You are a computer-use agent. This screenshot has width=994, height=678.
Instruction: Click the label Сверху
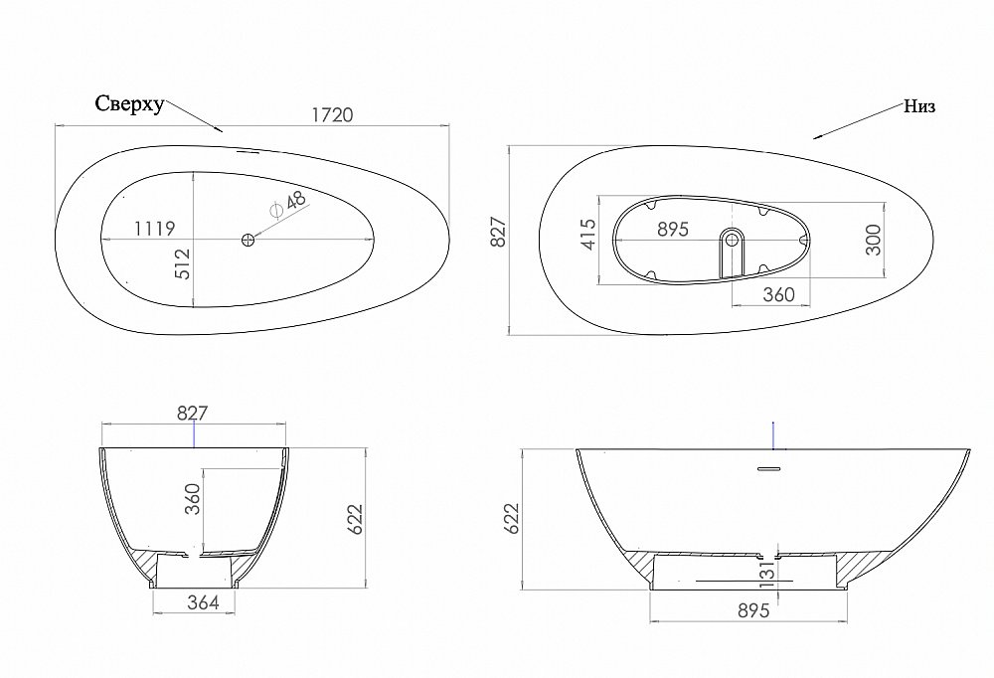tap(129, 104)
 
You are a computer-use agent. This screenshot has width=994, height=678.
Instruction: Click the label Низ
tap(919, 106)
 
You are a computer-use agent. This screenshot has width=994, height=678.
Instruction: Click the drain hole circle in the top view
tap(248, 240)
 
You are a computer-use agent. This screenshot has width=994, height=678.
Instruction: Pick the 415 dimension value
tap(587, 235)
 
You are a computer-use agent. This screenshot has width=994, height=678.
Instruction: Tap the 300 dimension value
tap(874, 239)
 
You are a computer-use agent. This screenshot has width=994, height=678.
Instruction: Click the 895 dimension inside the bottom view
tap(673, 229)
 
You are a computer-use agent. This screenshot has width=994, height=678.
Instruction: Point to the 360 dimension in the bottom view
tap(778, 294)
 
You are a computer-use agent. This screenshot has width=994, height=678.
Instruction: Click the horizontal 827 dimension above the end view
tap(195, 414)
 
